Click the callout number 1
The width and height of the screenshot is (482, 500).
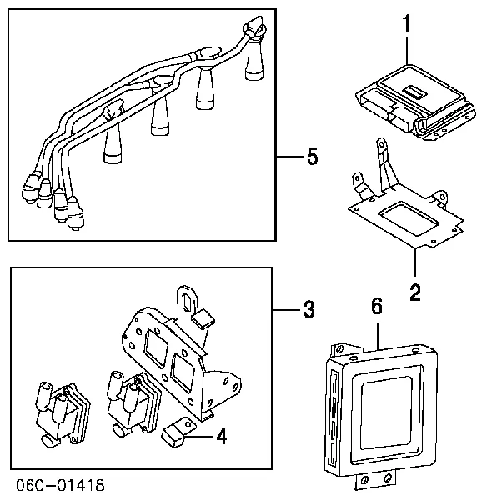pos(407,26)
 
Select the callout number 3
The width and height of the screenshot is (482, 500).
pos(308,311)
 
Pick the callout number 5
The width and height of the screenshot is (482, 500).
pos(311,156)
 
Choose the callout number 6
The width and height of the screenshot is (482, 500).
pos(376,307)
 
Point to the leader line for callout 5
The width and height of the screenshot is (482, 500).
pos(289,157)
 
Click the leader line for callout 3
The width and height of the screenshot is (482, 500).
pos(285,311)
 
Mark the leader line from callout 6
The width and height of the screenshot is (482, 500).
pos(376,333)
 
